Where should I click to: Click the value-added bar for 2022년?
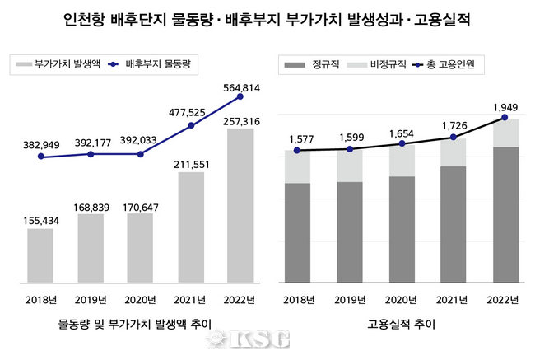pyautogui.click(x=240, y=206)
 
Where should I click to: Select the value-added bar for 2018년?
pyautogui.click(x=40, y=255)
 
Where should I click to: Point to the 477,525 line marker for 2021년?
pyautogui.click(x=191, y=125)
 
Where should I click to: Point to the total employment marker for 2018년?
pyautogui.click(x=298, y=151)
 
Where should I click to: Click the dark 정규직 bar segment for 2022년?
pyautogui.click(x=504, y=214)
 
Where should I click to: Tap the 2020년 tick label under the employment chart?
pyautogui.click(x=401, y=299)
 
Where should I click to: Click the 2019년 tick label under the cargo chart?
pyautogui.click(x=90, y=299)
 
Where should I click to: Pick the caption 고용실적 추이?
pyautogui.click(x=402, y=325)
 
